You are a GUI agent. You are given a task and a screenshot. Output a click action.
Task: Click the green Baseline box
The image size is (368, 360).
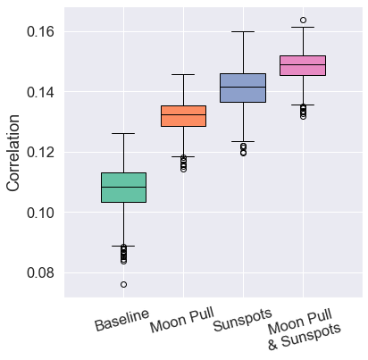click(123, 187)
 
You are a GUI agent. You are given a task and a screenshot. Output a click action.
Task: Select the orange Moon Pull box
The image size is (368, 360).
click(183, 116)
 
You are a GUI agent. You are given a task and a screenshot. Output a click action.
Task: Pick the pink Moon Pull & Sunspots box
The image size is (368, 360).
click(303, 65)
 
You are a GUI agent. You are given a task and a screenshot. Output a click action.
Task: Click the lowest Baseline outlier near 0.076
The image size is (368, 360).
click(123, 284)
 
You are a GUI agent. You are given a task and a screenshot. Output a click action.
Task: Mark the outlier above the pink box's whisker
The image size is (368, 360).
click(303, 20)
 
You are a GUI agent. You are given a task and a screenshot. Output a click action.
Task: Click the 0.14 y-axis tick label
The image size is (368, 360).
click(40, 92)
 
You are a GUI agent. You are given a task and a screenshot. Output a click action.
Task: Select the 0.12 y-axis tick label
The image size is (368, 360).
click(40, 152)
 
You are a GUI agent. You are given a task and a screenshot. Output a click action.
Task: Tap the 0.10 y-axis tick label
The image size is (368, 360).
click(40, 213)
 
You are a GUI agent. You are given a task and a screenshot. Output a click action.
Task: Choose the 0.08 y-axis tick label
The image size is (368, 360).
click(40, 272)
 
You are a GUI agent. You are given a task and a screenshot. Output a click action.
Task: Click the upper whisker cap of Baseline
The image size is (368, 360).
click(123, 134)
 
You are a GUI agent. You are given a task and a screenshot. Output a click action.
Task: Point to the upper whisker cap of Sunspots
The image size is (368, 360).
click(243, 31)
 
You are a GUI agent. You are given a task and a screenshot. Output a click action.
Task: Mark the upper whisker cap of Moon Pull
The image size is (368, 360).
click(183, 74)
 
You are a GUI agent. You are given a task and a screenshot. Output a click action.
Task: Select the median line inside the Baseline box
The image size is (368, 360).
click(123, 187)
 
